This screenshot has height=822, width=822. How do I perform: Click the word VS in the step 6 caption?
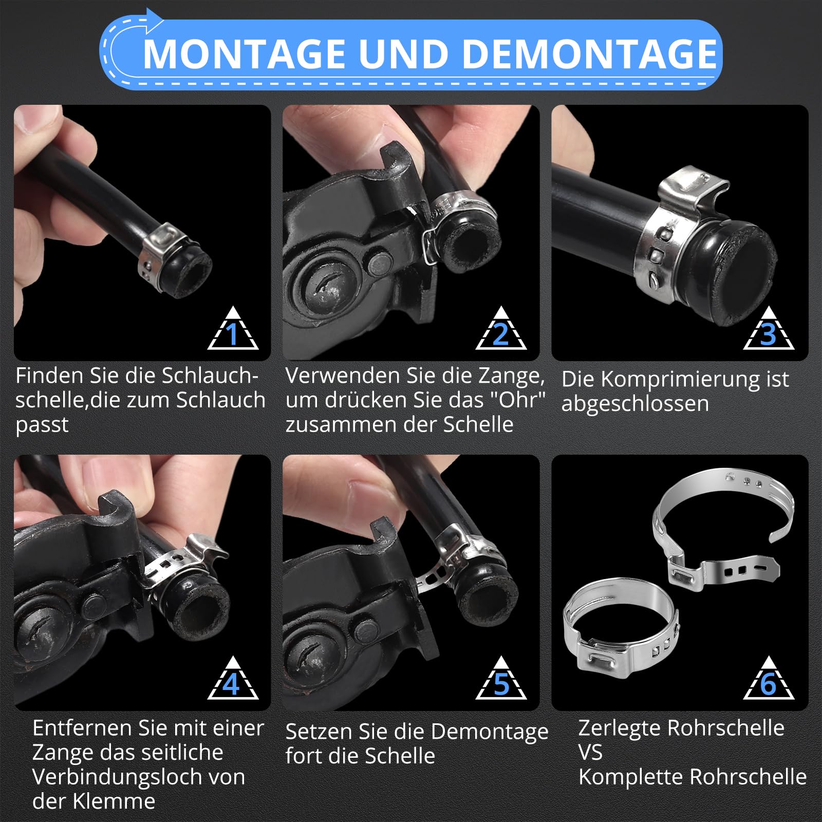(x=590, y=753)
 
